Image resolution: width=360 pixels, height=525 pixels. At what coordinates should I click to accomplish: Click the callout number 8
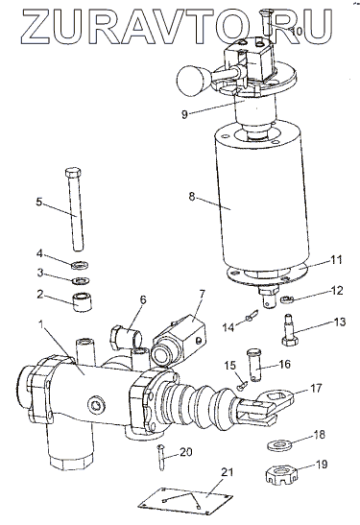pyautogui.click(x=191, y=196)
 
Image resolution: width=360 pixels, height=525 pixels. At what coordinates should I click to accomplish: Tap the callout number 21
pyautogui.click(x=228, y=472)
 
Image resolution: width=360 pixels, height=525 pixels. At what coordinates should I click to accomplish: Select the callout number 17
pyautogui.click(x=316, y=388)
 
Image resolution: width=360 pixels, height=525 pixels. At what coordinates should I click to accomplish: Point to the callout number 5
pyautogui.click(x=39, y=202)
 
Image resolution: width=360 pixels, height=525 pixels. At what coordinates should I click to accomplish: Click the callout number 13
pyautogui.click(x=339, y=322)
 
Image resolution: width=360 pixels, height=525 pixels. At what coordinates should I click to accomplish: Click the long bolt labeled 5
pyautogui.click(x=74, y=208)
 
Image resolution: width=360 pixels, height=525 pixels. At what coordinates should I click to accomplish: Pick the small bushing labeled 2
pyautogui.click(x=83, y=302)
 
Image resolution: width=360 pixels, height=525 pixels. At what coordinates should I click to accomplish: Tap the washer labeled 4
pyautogui.click(x=81, y=266)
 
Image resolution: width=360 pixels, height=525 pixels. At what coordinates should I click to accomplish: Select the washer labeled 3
pyautogui.click(x=81, y=280)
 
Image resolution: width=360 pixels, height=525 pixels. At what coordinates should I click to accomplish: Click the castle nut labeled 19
pyautogui.click(x=281, y=475)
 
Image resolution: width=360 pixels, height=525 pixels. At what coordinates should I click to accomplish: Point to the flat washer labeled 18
pyautogui.click(x=279, y=445)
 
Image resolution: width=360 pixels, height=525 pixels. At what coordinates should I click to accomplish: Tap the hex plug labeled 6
pyautogui.click(x=125, y=337)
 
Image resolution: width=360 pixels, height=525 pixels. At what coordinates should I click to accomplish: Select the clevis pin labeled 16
pyautogui.click(x=255, y=365)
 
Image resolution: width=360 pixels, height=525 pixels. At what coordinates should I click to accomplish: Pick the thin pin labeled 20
pyautogui.click(x=161, y=457)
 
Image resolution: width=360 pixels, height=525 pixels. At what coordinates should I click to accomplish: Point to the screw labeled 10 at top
pyautogui.click(x=267, y=21)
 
